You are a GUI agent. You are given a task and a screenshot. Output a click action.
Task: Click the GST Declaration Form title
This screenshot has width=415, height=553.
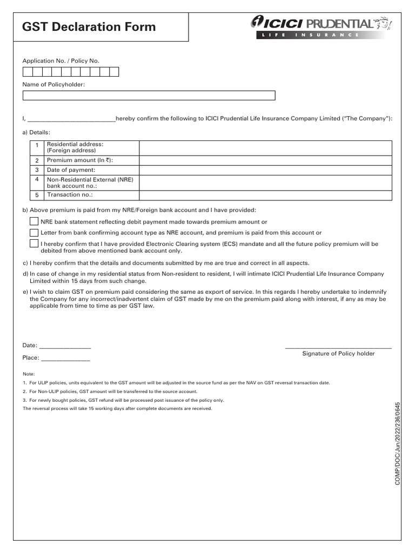[89, 26]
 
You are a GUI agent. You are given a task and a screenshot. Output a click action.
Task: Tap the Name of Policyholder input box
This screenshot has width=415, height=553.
[149, 96]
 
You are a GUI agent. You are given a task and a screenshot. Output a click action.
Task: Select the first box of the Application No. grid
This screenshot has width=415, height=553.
[27, 72]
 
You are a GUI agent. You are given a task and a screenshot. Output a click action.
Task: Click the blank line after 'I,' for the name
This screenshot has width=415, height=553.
[71, 119]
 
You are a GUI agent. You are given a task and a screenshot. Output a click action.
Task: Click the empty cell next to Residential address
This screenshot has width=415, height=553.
[265, 147]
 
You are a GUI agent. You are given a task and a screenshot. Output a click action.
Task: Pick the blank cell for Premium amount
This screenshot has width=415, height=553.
[265, 160]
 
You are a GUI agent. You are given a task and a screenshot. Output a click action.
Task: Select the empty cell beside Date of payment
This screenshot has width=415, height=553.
[265, 170]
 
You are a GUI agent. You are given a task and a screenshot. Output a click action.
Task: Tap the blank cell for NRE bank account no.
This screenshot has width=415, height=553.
[265, 183]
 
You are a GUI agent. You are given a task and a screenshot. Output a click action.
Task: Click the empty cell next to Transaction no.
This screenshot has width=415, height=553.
[265, 195]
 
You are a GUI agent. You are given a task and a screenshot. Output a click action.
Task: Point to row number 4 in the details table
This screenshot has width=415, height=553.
[37, 179]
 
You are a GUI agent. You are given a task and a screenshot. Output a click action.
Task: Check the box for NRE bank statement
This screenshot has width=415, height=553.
[34, 221]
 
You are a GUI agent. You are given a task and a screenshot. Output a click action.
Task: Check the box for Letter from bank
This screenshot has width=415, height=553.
[34, 232]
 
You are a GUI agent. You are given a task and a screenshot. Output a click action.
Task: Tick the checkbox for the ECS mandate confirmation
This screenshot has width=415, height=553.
[34, 244]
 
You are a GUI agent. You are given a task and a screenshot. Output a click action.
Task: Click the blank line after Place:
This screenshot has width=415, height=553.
[65, 359]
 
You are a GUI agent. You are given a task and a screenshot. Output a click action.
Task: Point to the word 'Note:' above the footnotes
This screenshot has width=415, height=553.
[29, 374]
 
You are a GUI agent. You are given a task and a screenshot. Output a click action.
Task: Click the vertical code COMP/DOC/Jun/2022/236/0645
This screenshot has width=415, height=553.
[398, 443]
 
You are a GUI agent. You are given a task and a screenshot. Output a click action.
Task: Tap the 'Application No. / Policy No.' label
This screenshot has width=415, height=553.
[61, 61]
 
